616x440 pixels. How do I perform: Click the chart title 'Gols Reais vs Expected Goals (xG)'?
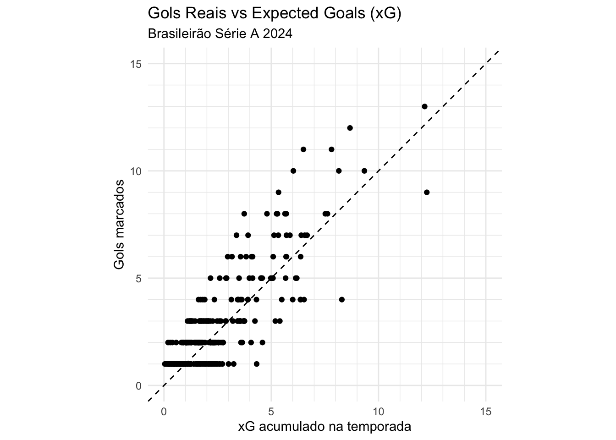274,14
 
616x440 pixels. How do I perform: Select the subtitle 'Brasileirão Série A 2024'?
220,34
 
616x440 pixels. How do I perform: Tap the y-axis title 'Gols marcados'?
119,225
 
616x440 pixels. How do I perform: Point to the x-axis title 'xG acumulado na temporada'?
324,427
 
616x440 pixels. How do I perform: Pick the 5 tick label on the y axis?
139,278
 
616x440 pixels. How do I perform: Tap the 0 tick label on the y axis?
139,385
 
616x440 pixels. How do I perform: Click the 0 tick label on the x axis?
164,412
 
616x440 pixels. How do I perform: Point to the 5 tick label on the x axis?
271,412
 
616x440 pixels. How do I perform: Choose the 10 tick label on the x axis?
379,412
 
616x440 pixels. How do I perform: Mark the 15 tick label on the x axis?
486,412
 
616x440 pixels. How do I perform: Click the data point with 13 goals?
424,106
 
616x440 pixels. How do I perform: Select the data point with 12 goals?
350,128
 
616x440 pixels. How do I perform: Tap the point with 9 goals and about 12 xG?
427,192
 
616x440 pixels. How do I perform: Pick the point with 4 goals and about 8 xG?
341,300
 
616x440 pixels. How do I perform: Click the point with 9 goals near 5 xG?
278,192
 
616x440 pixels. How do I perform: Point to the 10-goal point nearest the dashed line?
364,171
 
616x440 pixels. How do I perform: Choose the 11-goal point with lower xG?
303,149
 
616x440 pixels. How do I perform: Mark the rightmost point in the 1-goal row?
257,364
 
